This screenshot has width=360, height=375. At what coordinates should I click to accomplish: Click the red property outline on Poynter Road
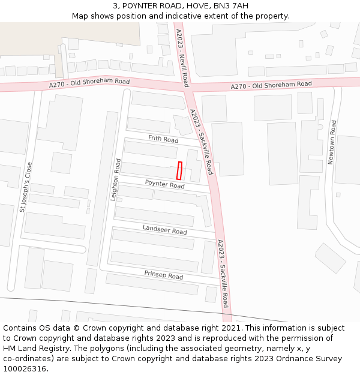coord(179,171)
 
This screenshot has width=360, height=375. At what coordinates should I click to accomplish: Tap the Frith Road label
coord(163,139)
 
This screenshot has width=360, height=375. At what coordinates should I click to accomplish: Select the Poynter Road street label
coord(164,184)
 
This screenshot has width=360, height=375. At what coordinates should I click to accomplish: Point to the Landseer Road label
coord(164,230)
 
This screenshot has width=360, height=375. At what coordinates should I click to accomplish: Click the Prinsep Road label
coord(163,275)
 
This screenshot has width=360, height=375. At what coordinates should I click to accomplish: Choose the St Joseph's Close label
coord(26,187)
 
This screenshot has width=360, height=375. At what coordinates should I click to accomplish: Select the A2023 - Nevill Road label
coord(182,58)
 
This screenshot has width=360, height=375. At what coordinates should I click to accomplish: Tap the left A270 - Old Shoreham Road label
coord(89,84)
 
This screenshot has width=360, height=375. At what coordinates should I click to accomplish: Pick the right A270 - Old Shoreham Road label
coord(271,86)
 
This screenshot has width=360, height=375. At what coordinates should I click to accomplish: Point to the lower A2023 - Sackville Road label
coord(223,273)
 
